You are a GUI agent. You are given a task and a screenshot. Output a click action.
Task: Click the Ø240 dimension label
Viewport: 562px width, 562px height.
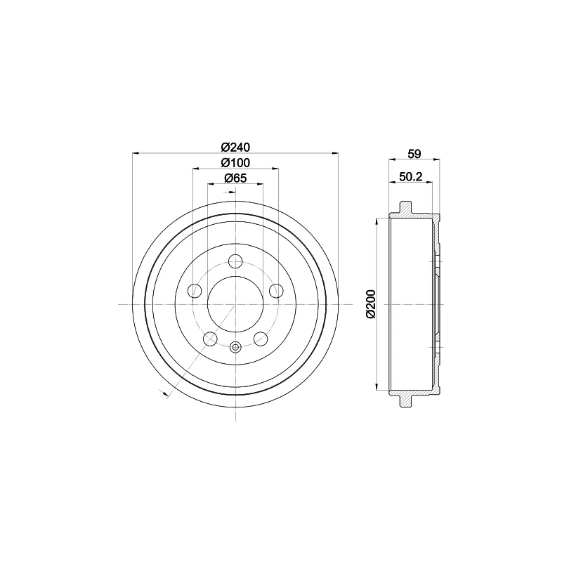coord(235,148)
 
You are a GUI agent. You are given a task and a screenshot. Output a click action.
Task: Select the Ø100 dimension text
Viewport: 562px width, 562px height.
coord(235,163)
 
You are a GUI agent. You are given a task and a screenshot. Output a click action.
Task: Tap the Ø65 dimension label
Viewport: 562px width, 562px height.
coord(235,178)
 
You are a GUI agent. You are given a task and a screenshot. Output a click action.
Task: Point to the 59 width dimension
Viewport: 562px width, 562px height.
coord(414,154)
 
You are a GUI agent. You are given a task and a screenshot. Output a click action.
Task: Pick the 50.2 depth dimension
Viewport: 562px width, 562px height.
coord(411,176)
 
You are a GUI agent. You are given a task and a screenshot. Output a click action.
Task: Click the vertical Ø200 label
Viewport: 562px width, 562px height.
coord(371,304)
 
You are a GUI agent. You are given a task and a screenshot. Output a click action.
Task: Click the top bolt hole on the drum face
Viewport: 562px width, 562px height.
coord(235,261)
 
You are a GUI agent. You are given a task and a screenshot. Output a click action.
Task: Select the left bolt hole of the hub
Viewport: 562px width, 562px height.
coord(195,291)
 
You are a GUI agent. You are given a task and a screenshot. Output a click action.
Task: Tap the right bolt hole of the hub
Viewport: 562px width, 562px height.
coord(276,291)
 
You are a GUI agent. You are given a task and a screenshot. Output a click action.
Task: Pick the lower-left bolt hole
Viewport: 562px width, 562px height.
coord(210,339)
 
